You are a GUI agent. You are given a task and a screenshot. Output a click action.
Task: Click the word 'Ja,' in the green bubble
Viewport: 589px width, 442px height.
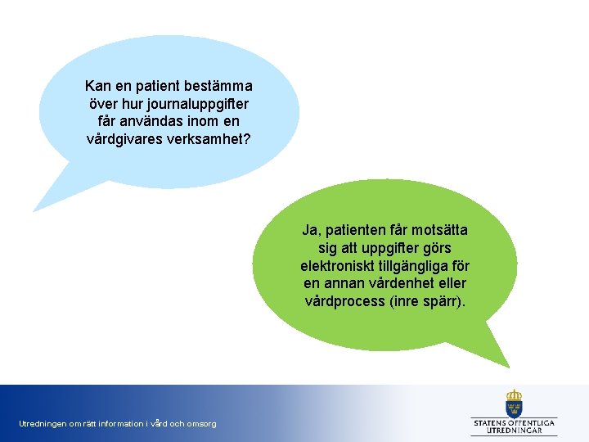[x=312, y=231]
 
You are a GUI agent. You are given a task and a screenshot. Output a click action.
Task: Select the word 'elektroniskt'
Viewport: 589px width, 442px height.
[x=335, y=266]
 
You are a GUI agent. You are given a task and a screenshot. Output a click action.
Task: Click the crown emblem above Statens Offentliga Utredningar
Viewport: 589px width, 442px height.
[x=514, y=403]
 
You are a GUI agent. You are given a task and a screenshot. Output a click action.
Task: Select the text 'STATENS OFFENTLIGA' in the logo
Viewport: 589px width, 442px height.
[x=514, y=422]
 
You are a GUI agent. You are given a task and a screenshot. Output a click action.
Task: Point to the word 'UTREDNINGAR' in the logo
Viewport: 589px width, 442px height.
[x=514, y=431]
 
